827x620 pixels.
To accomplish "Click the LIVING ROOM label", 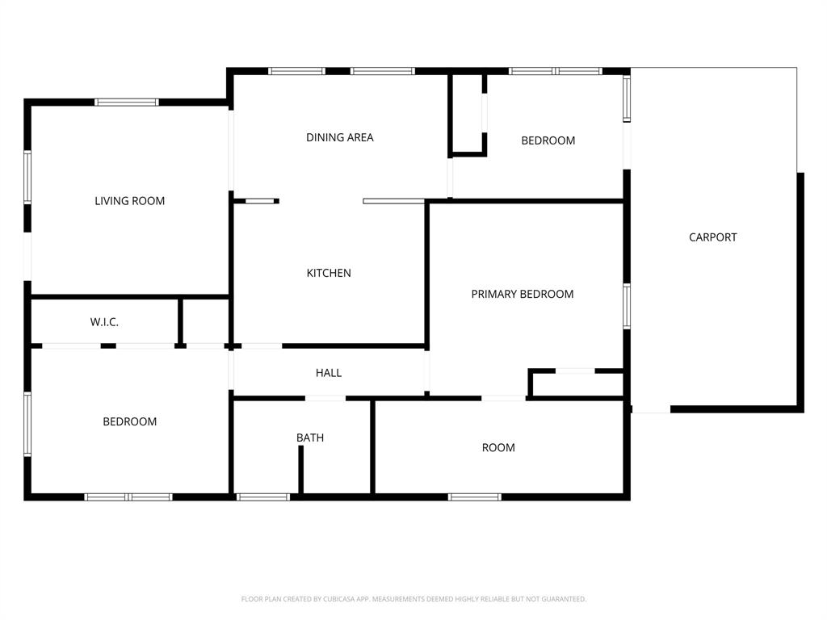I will (x=129, y=201).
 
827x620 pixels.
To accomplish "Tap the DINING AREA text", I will (x=339, y=137).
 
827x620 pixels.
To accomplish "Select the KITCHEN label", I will (x=329, y=273).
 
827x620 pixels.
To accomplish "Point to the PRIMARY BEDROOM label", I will (x=522, y=294).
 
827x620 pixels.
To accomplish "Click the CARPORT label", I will (x=712, y=237).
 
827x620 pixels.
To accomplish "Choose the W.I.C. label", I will (x=104, y=322).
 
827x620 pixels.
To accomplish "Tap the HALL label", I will (x=328, y=373).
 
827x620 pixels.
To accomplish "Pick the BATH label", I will (x=310, y=438).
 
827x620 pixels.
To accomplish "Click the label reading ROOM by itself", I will (x=497, y=447).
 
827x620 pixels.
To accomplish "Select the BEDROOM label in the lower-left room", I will (x=129, y=421).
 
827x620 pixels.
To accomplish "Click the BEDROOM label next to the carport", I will (x=548, y=140).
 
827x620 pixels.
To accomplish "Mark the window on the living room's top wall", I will (x=126, y=103).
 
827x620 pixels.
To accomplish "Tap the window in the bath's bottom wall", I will (x=263, y=496).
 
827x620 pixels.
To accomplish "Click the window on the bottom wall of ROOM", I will (x=475, y=496).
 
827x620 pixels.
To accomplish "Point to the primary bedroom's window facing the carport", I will (x=626, y=306).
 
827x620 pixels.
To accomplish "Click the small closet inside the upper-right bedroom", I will (x=468, y=113).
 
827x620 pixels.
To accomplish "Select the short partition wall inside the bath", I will (x=300, y=469).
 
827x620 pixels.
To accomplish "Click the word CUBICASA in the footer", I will (x=338, y=599).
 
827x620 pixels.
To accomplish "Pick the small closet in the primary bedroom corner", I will (x=577, y=384).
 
